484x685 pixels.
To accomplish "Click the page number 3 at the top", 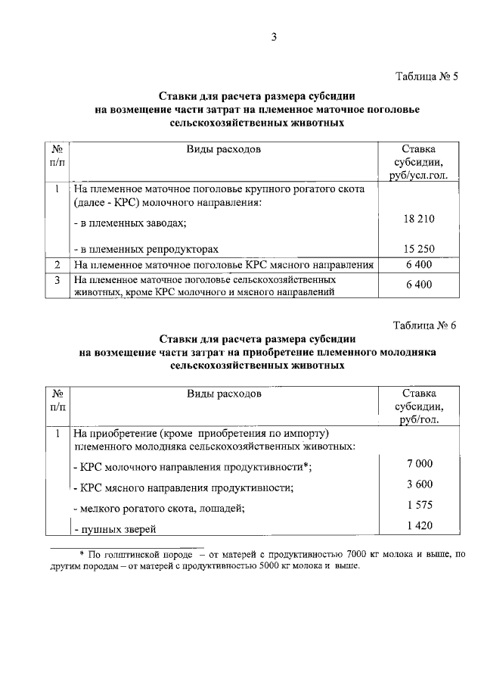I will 276,38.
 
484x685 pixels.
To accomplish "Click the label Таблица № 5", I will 427,77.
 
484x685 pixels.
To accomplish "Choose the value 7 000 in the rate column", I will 419,463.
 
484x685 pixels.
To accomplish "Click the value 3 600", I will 419,484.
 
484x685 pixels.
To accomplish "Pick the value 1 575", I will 419,506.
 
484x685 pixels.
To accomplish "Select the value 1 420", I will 419,527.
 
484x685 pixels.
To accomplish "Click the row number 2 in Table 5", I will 57,264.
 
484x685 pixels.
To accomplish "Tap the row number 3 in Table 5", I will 57,279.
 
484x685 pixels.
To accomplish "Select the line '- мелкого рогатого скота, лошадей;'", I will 158,508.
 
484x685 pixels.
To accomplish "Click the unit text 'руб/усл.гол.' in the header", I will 418,176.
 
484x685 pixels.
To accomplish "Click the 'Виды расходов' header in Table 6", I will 224,394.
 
